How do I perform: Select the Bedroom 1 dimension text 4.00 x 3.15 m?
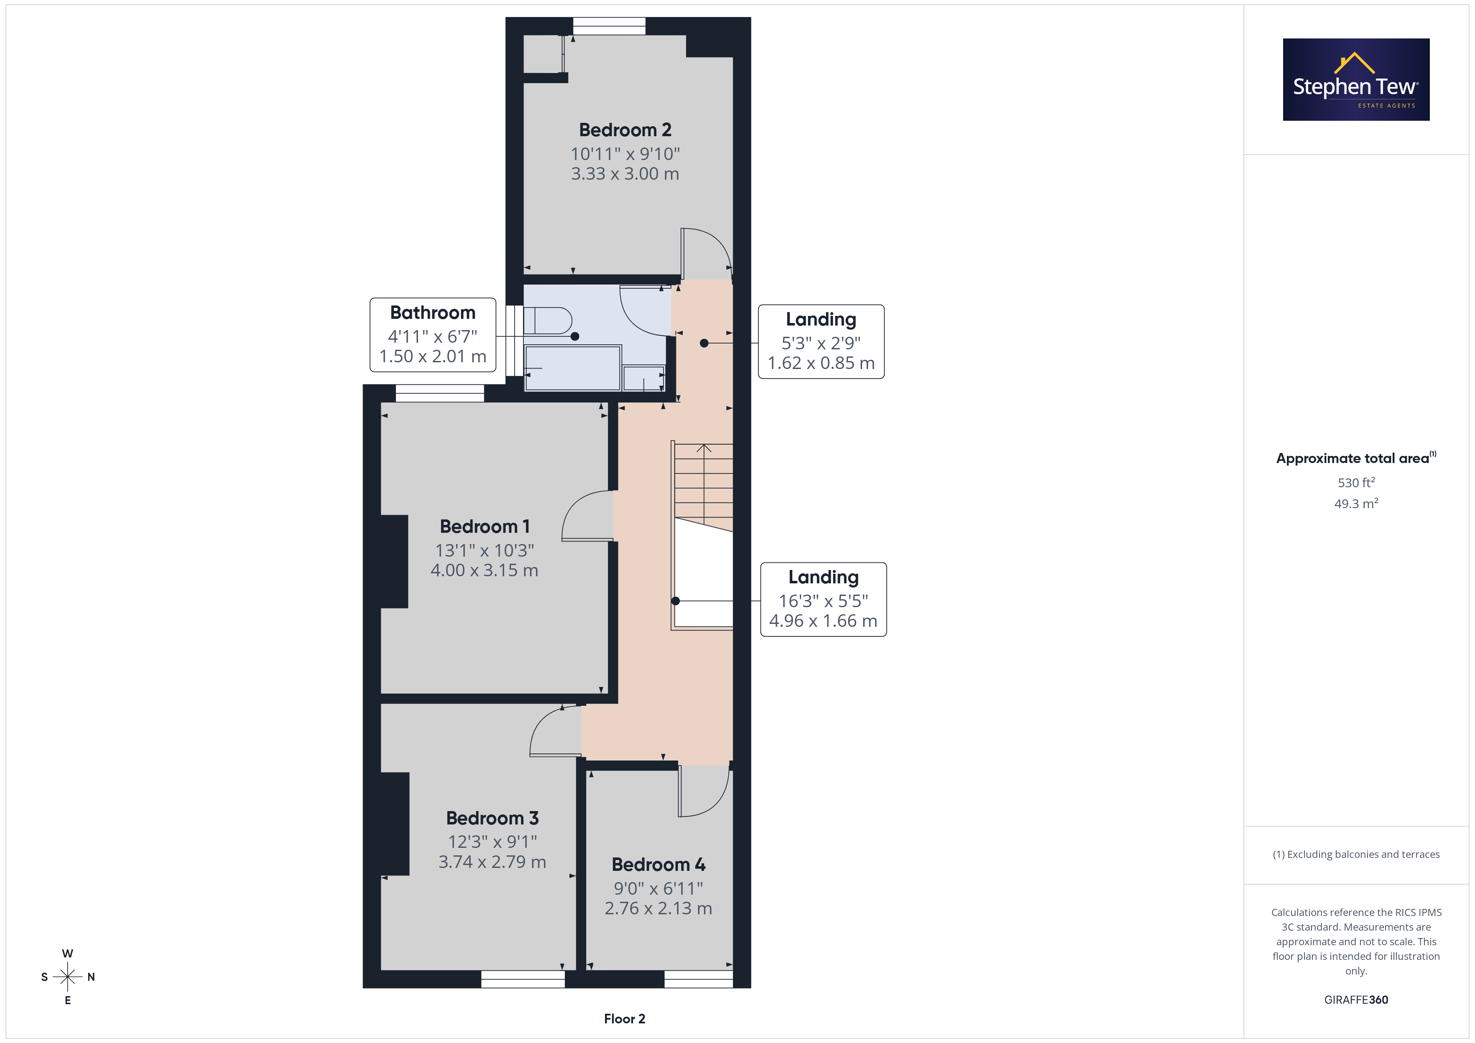(485, 570)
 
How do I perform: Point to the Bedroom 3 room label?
(492, 818)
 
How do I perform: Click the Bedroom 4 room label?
(658, 865)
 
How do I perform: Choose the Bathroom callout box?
(433, 335)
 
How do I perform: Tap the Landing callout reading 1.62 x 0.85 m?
(821, 342)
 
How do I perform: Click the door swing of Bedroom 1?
(587, 516)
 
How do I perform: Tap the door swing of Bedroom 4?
(704, 791)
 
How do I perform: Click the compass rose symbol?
(67, 977)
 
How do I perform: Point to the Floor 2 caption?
(625, 1019)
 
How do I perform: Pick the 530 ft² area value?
(1356, 482)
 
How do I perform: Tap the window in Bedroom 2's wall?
(609, 26)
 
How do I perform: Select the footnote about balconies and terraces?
(1356, 854)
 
